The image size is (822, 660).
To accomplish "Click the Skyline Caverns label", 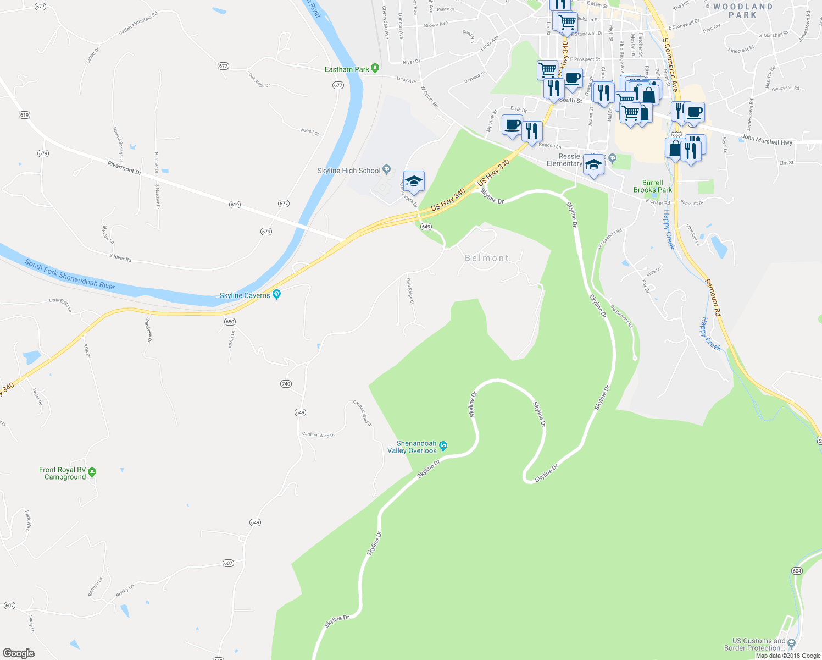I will (245, 295).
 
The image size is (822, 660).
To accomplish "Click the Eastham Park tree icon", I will (375, 69).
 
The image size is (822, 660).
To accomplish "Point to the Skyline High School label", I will (349, 170).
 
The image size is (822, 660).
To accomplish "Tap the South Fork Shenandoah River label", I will (70, 274).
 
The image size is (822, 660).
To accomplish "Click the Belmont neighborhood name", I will (487, 258).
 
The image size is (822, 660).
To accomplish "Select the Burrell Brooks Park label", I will (652, 186).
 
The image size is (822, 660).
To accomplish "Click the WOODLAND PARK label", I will (742, 11).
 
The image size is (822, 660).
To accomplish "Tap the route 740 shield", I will (286, 384).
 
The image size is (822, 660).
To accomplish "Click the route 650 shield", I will (230, 322).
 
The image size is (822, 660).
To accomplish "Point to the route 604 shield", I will (797, 571).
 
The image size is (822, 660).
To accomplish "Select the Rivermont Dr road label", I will (124, 168).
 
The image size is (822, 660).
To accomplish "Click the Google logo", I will (18, 653).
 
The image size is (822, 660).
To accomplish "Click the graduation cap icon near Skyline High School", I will (414, 181).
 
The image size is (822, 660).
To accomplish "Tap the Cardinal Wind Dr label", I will (318, 435).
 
